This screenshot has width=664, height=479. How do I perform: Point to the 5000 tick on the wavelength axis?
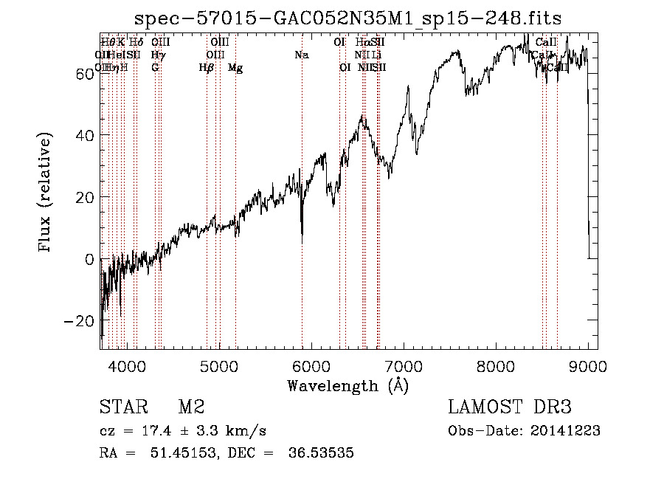pos(218,364)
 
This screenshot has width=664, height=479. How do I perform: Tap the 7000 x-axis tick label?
pos(404,364)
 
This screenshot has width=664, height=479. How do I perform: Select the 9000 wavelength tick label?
pos(588,364)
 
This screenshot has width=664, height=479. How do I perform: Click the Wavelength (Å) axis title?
pos(347,385)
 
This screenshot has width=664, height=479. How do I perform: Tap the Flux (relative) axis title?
pos(46,193)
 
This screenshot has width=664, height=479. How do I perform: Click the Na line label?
pos(301,55)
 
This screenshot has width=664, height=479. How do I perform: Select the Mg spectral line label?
pos(235,68)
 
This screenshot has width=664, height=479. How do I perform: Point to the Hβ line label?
pos(207,68)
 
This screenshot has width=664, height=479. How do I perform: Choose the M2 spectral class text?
pos(191,407)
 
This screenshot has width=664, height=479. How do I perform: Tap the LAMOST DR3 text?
pos(509,407)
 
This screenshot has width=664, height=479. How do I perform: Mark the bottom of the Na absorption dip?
pos(302,242)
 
